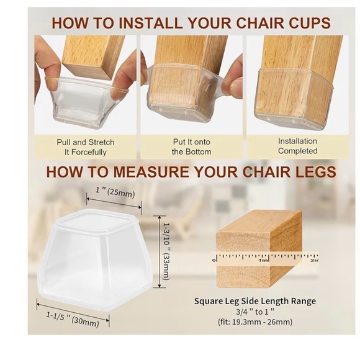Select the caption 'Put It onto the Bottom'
pyautogui.click(x=192, y=146)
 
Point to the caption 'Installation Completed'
pyautogui.click(x=298, y=146)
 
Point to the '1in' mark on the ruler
pyautogui.click(x=264, y=261)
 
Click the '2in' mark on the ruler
pyautogui.click(x=313, y=261)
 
